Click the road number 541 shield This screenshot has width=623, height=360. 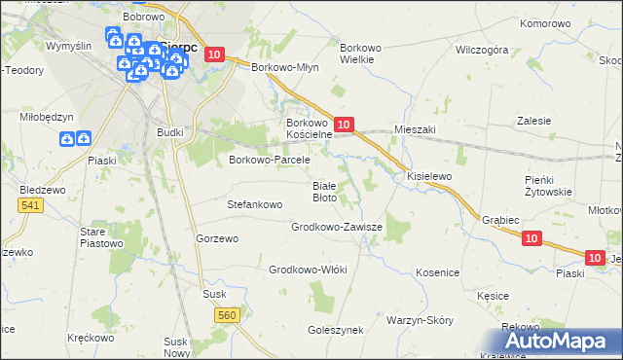(30, 205)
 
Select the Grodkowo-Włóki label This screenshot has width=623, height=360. (308, 270)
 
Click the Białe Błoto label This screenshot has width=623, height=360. (324, 191)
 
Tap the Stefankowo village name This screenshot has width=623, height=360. (254, 205)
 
